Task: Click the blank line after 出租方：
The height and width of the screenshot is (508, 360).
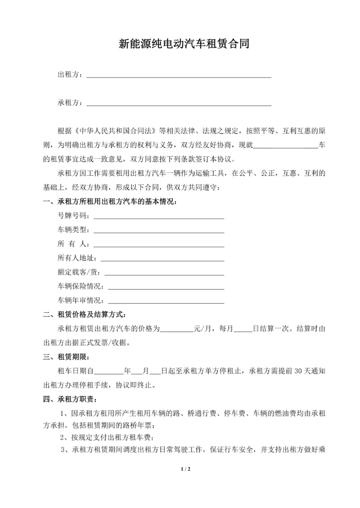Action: coord(179,75)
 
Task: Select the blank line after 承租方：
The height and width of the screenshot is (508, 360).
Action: coord(179,103)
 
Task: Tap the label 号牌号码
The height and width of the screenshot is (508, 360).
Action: coord(72,216)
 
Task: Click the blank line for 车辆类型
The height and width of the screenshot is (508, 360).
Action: coord(158,230)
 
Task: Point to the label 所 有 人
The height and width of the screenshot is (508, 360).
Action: coord(72,244)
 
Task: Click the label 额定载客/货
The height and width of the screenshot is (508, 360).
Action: coord(78,273)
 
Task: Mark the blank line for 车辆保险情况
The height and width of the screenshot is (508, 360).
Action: coord(165,287)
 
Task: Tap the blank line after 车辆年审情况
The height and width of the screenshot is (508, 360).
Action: coord(165,301)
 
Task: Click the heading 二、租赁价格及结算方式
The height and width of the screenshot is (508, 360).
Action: coord(84,315)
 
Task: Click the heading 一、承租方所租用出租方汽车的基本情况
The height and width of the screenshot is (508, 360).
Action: coord(109,202)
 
